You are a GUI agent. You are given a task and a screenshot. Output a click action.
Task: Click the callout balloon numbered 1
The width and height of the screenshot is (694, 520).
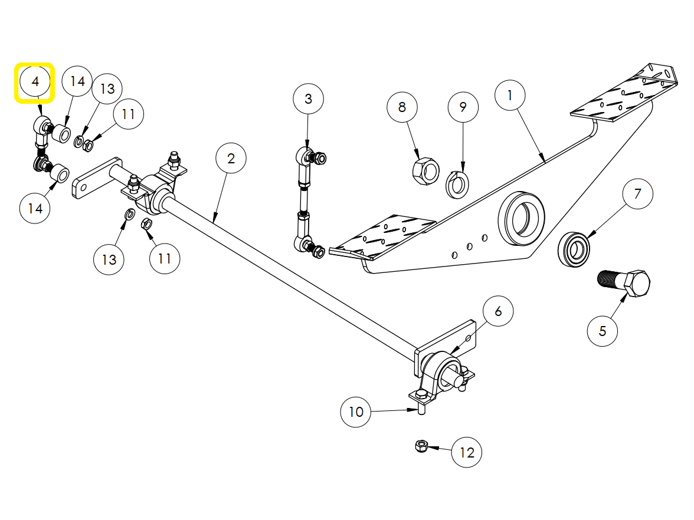[510, 95]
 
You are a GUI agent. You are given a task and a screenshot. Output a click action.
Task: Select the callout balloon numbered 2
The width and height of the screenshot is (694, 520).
[231, 158]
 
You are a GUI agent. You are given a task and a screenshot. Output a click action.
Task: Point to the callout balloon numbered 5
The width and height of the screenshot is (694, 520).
[603, 331]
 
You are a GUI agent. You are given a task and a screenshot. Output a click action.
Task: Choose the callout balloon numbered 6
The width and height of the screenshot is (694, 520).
[498, 311]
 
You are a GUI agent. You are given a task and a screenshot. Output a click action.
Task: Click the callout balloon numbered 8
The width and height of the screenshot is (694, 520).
[402, 107]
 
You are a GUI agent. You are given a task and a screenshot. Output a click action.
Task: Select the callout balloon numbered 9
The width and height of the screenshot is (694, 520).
[463, 107]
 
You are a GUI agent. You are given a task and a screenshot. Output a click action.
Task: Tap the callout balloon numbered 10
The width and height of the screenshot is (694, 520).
[356, 412]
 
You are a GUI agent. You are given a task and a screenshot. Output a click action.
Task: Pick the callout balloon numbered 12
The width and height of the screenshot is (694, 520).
[467, 453]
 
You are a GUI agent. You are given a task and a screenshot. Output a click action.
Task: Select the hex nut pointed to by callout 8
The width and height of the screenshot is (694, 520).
[425, 170]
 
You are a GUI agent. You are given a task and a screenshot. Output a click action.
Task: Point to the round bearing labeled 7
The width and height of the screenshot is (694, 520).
[574, 248]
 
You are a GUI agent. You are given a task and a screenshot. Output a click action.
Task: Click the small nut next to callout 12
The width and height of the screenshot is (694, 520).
[420, 446]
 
